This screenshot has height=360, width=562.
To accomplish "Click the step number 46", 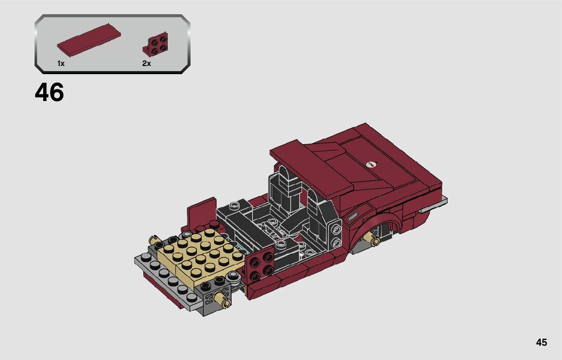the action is [x=49, y=92].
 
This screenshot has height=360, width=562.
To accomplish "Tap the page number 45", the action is [x=542, y=342].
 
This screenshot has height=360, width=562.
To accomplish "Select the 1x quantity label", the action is [x=61, y=63].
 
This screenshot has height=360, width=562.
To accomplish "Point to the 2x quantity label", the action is [x=146, y=63].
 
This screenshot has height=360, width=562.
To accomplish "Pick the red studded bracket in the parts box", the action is [x=155, y=44].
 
